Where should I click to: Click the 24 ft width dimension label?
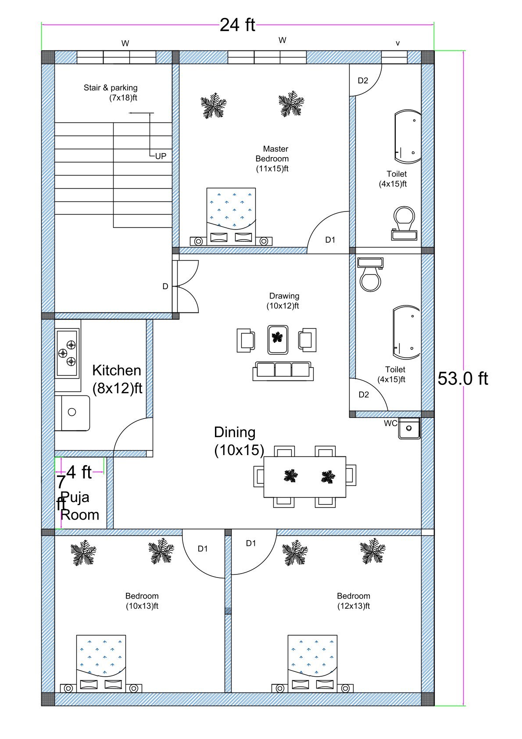pyautogui.click(x=237, y=25)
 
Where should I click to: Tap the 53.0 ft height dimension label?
pyautogui.click(x=462, y=378)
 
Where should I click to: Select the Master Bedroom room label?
pyautogui.click(x=272, y=158)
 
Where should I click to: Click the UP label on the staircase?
pyautogui.click(x=161, y=156)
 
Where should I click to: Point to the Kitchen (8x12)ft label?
pyautogui.click(x=117, y=379)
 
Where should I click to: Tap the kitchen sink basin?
pyautogui.click(x=72, y=412)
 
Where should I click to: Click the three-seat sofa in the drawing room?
pyautogui.click(x=283, y=370)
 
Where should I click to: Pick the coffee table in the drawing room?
pyautogui.click(x=277, y=339)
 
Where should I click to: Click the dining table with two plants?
pyautogui.click(x=305, y=477)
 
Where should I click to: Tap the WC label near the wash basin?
pyautogui.click(x=390, y=423)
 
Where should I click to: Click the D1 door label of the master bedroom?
pyautogui.click(x=330, y=240)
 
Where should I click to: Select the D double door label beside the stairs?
pyautogui.click(x=165, y=287)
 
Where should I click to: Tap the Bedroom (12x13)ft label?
pyautogui.click(x=354, y=601)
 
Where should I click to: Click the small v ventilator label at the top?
pyautogui.click(x=397, y=43)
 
